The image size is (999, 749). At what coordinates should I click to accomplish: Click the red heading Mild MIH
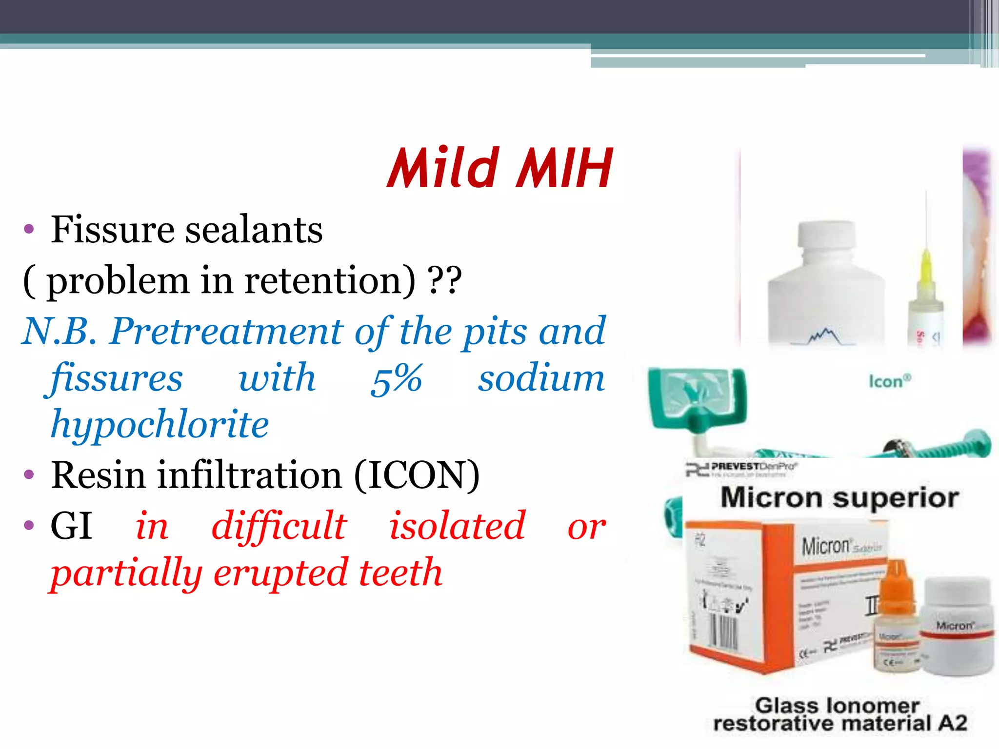pyautogui.click(x=499, y=168)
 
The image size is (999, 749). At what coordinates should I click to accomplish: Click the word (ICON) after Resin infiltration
pyautogui.click(x=417, y=475)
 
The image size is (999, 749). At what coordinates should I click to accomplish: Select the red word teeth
pyautogui.click(x=400, y=573)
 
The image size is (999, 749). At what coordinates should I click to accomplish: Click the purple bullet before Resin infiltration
pyautogui.click(x=29, y=474)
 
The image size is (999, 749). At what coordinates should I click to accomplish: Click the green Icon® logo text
pyautogui.click(x=889, y=381)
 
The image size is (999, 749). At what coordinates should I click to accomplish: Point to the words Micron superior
pyautogui.click(x=839, y=498)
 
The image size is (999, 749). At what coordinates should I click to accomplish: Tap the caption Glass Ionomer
pyautogui.click(x=837, y=706)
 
